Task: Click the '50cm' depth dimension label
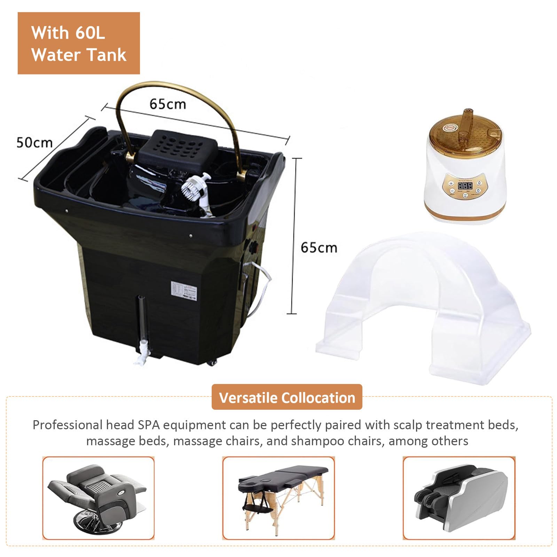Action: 34,143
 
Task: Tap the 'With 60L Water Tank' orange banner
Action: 79,43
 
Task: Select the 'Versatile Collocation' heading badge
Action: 287,397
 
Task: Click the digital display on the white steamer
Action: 465,186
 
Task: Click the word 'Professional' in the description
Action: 67,425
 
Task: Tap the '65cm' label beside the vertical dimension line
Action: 319,248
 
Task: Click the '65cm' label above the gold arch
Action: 168,104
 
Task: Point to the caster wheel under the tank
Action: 211,363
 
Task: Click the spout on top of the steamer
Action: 466,120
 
